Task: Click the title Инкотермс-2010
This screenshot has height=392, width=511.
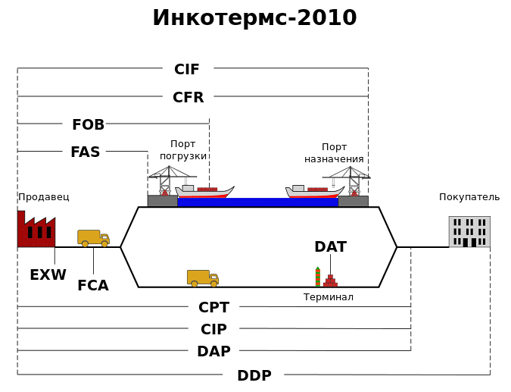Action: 254,18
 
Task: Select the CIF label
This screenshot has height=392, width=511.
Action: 187,70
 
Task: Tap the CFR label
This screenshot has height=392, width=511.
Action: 188,98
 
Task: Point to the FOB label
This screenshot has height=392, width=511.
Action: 88,125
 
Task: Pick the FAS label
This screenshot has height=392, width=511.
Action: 85,152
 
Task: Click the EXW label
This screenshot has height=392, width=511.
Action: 48,275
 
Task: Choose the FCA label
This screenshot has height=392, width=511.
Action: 92,286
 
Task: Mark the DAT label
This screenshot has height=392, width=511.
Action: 330,247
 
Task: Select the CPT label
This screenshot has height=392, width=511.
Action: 213,308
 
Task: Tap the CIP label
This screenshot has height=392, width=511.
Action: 213,330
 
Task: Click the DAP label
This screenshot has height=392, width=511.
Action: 213,352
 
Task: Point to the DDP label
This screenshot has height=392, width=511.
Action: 254,376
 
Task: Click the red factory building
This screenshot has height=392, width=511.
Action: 36,230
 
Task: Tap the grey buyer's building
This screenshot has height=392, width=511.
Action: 469,232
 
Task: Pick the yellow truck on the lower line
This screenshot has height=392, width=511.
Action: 203,278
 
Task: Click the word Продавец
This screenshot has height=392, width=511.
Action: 44,197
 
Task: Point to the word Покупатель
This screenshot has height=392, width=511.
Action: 469,197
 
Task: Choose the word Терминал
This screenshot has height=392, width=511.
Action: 329,297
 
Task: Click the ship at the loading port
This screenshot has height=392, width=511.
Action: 204,191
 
